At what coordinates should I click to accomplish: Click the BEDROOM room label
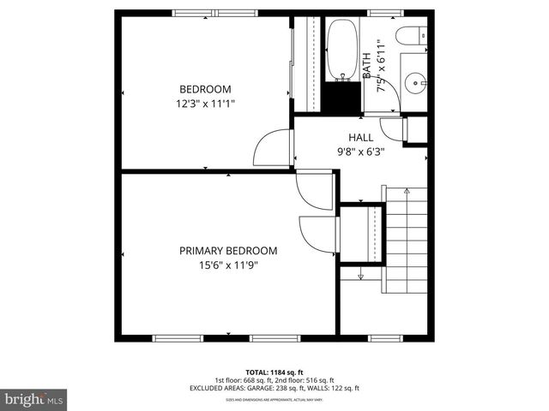coord(204,89)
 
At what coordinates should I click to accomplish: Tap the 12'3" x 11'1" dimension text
coord(204,103)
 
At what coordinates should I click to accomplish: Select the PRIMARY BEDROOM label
coord(228,251)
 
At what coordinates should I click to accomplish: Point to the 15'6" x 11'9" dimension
coord(228,265)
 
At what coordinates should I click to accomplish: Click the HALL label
coord(360,137)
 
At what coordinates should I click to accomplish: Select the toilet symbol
coord(408,37)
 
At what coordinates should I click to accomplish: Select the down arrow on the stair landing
coord(361,276)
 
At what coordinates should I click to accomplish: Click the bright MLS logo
coord(34,399)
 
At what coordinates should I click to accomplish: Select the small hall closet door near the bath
coord(394,129)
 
